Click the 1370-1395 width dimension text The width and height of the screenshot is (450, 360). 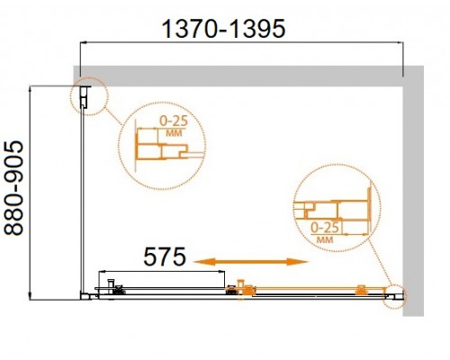point(223,29)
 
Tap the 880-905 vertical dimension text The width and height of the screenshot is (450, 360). point(13,188)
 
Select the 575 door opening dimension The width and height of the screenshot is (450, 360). point(165,257)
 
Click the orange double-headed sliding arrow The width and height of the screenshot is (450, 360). point(251,262)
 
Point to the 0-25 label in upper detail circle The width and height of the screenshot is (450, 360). point(174,121)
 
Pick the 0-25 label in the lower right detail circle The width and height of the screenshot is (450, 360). point(325,228)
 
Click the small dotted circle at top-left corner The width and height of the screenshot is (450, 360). point(88,96)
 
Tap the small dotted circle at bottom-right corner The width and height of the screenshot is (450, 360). point(393,296)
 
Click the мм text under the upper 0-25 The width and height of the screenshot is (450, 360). point(174,133)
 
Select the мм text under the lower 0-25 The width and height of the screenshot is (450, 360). point(325,239)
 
